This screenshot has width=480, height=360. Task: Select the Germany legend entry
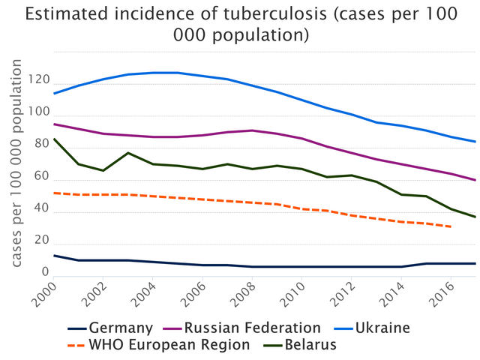tap(121, 328)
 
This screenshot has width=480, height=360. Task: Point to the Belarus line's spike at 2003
tap(128, 153)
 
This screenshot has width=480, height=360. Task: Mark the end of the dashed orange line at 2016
tap(448, 226)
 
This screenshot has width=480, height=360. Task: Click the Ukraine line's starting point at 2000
tap(55, 94)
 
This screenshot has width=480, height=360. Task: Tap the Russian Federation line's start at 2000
tap(55, 124)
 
